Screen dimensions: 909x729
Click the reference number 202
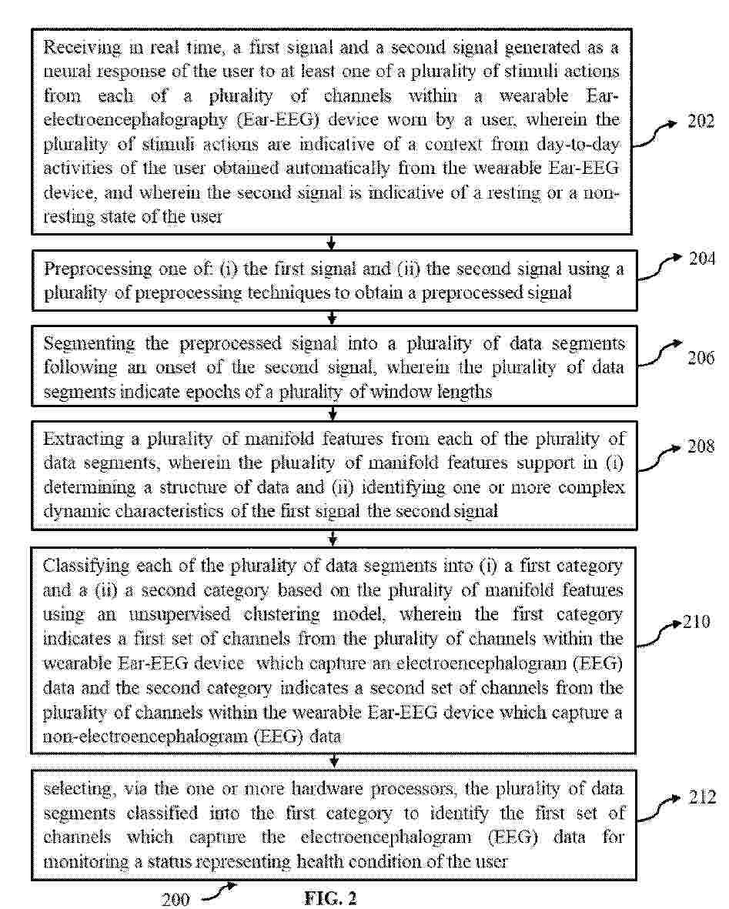(701, 122)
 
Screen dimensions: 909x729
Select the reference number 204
(701, 259)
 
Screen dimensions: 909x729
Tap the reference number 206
(701, 358)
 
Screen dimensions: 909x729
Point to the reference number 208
(701, 447)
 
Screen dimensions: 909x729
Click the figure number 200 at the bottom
(176, 899)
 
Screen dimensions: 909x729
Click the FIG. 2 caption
(331, 898)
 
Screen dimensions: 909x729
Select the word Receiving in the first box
(82, 48)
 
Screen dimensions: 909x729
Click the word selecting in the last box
(75, 790)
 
